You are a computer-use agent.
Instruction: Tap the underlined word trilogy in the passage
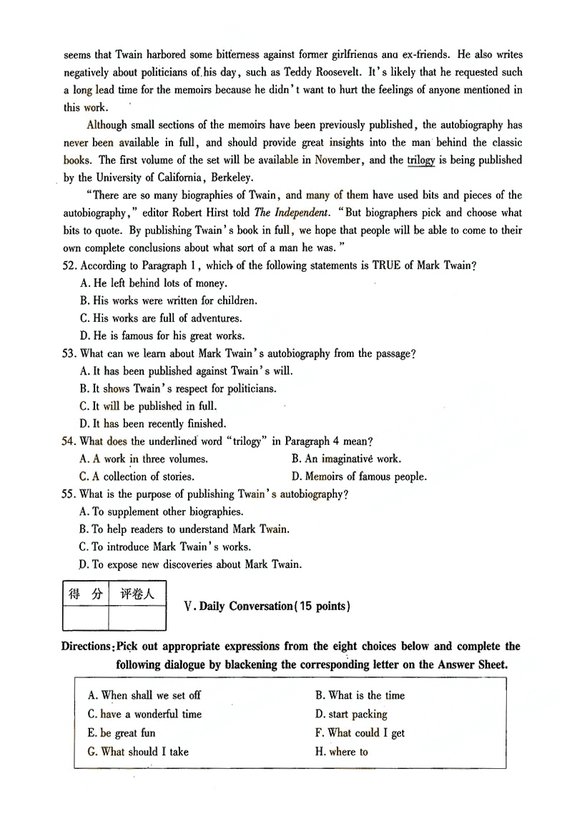tap(421, 160)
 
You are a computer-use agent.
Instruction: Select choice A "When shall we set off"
tap(144, 695)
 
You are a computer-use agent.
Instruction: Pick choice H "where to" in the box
tap(341, 752)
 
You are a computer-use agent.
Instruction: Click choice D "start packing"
tap(350, 714)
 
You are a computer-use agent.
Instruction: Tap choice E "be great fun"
tap(121, 733)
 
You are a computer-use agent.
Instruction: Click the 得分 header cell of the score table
tap(85, 594)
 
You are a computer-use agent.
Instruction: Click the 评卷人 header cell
tap(137, 594)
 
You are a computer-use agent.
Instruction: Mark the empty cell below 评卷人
tap(137, 618)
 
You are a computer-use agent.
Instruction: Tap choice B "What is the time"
tap(360, 695)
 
